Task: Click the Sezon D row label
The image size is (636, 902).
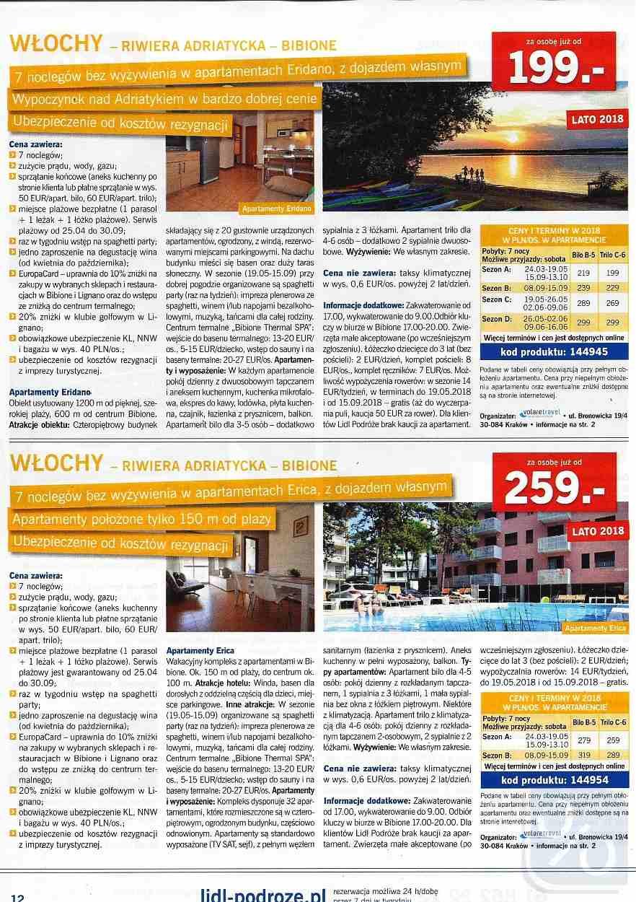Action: click(x=498, y=320)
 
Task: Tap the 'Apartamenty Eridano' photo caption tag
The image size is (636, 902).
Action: click(x=277, y=209)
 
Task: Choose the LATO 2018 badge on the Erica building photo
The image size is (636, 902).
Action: click(x=597, y=532)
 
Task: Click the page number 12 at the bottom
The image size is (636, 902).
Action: click(x=18, y=897)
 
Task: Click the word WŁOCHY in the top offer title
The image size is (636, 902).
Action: click(x=56, y=44)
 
